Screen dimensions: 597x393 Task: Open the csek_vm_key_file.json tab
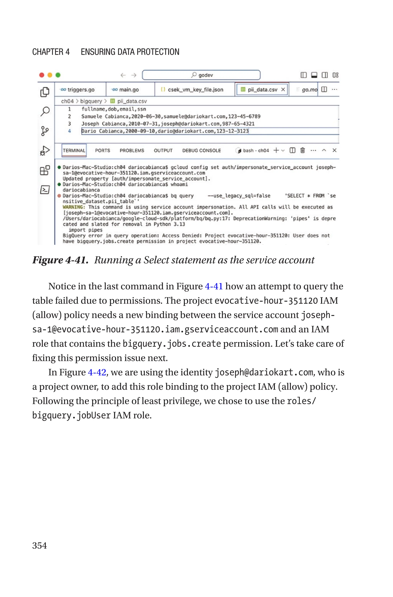click(195, 90)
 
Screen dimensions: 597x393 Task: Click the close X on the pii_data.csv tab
click(283, 89)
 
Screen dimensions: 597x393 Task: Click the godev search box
click(201, 75)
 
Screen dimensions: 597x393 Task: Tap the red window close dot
click(42, 75)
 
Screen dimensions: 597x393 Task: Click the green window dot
click(58, 75)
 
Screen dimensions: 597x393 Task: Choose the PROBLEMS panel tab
click(132, 150)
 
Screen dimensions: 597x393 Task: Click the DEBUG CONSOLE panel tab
click(201, 150)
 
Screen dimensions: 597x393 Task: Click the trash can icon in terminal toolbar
click(302, 150)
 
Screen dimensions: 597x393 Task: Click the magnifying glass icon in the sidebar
click(45, 111)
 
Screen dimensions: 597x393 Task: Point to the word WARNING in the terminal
click(73, 207)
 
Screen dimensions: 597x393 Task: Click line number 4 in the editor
click(69, 131)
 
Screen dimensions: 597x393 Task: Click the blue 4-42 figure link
click(97, 372)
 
